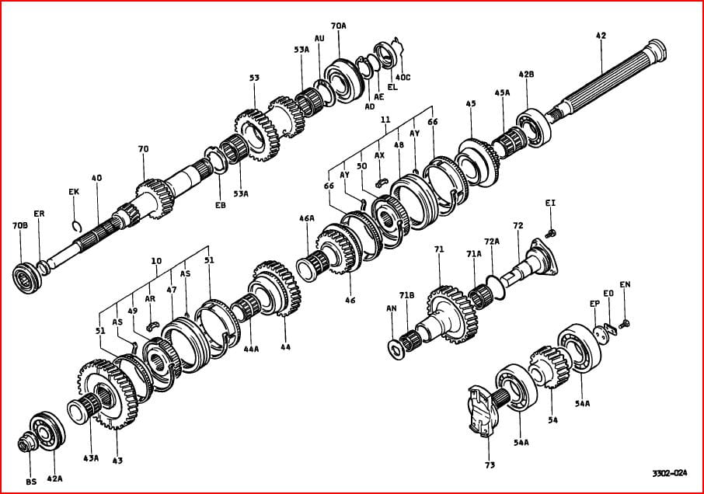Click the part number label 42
(x=601, y=36)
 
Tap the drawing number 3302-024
(x=670, y=473)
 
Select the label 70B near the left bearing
(x=20, y=226)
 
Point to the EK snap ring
(x=76, y=226)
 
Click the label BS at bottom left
(x=31, y=482)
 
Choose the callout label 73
(x=490, y=465)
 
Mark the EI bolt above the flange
(x=550, y=233)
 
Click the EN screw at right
(x=624, y=324)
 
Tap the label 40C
(x=403, y=77)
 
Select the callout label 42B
(x=526, y=75)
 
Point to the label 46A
(x=307, y=218)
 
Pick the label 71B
(x=406, y=295)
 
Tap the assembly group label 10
(x=156, y=261)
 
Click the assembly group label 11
(x=385, y=120)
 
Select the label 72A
(x=492, y=242)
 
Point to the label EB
(x=220, y=206)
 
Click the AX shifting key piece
(x=382, y=182)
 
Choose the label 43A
(x=91, y=458)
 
